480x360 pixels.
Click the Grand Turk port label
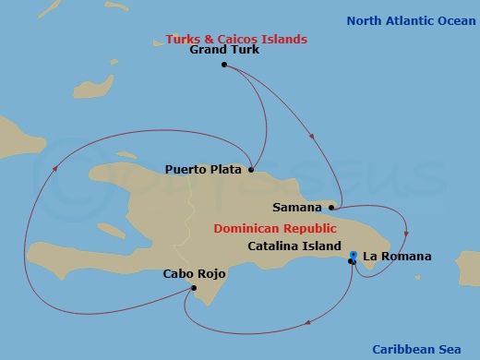224,51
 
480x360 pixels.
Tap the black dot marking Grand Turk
224,65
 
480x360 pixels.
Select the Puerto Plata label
202,169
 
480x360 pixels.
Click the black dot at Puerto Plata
251,169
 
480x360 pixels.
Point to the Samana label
297,208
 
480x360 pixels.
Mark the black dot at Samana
330,208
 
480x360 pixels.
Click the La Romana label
397,256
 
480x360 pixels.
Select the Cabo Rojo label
194,274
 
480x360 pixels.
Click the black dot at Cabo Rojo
193,287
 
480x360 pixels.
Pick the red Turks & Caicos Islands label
236,39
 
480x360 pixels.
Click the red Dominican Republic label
275,228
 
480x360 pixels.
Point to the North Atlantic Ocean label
411,20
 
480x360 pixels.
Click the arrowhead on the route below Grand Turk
311,138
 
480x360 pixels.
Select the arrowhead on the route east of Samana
407,232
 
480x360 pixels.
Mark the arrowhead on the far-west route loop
54,169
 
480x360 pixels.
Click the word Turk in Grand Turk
245,51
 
